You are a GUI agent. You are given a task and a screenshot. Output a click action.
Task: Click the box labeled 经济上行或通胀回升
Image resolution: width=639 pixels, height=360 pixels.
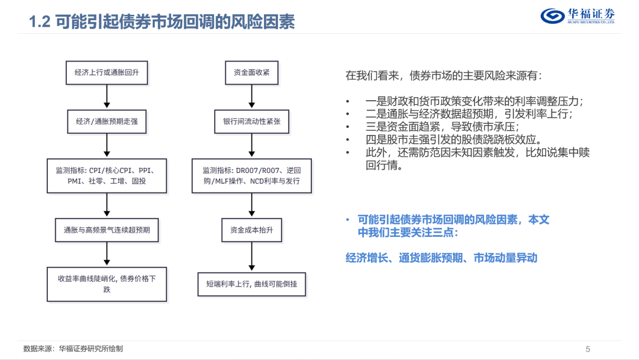(x=106, y=73)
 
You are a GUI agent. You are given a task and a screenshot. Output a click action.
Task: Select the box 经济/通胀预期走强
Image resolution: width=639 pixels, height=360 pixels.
(x=106, y=121)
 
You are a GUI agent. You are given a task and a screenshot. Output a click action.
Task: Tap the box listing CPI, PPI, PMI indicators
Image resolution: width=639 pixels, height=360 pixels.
(x=106, y=176)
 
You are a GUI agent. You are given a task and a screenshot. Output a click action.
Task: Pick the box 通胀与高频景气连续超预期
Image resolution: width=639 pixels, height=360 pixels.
(x=106, y=230)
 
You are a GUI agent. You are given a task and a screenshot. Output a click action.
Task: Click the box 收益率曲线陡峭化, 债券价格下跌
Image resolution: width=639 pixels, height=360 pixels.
(x=106, y=284)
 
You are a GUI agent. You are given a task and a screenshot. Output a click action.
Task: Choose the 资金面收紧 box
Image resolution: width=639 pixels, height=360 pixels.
(x=252, y=73)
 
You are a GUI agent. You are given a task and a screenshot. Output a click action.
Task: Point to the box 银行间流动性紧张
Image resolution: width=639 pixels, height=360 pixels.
(x=252, y=121)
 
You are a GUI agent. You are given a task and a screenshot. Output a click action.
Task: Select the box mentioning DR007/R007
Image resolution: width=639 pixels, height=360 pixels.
(x=252, y=176)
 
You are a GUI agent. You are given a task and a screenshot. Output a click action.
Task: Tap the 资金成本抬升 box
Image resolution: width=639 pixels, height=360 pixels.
(x=252, y=230)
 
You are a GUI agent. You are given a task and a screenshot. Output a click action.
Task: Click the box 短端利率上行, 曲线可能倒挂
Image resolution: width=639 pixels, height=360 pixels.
(x=252, y=284)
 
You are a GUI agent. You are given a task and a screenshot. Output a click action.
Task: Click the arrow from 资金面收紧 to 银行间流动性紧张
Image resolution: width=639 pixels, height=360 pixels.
(x=252, y=97)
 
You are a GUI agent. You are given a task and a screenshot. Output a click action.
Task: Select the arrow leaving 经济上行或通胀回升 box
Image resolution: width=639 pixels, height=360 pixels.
(x=106, y=97)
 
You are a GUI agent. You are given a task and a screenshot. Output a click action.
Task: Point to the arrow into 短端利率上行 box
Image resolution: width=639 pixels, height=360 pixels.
(x=252, y=256)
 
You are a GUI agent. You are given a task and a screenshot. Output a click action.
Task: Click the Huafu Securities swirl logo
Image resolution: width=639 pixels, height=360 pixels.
(x=553, y=16)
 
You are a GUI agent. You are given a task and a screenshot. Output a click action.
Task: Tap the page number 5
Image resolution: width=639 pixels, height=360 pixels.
(x=588, y=349)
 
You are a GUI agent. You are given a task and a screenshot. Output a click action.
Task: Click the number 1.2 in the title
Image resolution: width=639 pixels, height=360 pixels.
(x=40, y=21)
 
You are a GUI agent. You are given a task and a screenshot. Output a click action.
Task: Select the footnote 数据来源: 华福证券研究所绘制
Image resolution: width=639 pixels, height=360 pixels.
(x=73, y=349)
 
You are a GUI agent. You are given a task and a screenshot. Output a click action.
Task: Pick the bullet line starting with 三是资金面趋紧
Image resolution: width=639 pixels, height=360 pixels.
(x=442, y=127)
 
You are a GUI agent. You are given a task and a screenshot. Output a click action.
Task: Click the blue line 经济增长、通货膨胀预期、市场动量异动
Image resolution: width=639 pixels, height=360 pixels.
(x=441, y=258)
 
